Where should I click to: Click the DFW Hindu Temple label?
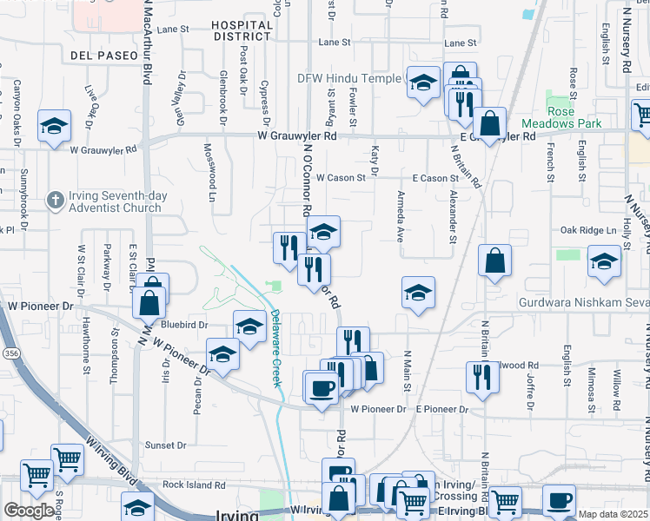tap(351, 78)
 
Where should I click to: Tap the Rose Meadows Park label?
tap(574, 117)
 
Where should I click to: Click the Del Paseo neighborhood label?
tap(100, 56)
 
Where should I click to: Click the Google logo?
tap(29, 511)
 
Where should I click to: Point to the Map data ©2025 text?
tap(614, 514)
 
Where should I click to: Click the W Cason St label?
tap(341, 177)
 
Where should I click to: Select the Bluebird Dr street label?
tap(185, 324)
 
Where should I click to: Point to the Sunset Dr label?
tap(165, 445)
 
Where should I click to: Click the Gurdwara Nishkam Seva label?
tap(582, 303)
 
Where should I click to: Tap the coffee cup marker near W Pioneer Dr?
tap(320, 387)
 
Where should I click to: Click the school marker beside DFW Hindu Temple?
tap(422, 83)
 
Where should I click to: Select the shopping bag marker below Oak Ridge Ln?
tap(494, 260)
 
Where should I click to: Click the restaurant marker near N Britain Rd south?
tap(479, 376)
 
